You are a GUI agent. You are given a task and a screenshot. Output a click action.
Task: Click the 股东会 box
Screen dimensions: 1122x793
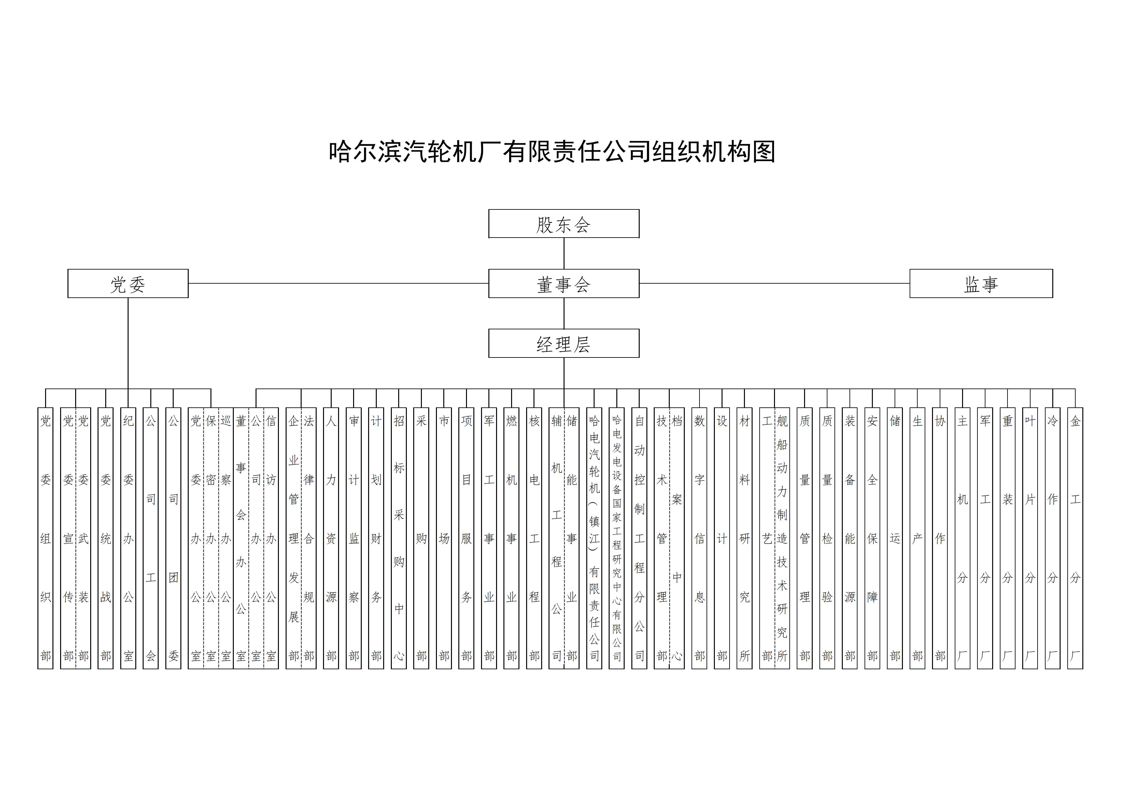point(564,224)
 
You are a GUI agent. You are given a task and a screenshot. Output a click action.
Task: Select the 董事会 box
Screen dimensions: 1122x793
point(564,283)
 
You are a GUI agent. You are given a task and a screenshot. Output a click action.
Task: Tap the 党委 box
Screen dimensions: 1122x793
point(128,283)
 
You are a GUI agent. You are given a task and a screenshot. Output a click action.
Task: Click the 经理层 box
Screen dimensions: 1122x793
point(564,343)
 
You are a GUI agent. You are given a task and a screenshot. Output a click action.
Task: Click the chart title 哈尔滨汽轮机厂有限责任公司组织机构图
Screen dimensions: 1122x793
point(552,152)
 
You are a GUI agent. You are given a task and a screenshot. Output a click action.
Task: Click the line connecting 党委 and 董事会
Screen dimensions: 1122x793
point(338,283)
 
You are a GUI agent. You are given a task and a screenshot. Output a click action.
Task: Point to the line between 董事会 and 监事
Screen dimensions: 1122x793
point(775,283)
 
